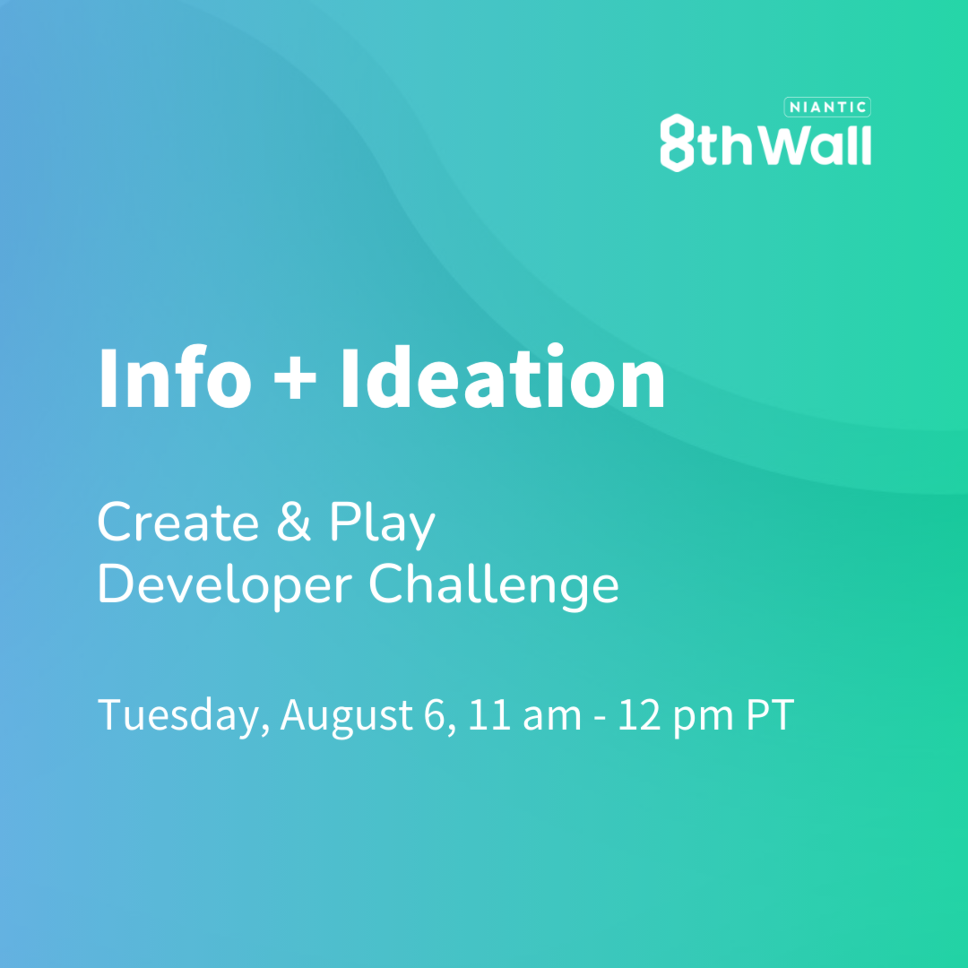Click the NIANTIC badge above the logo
click(827, 107)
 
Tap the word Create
click(178, 523)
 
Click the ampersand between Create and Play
click(294, 523)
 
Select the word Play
click(382, 525)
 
